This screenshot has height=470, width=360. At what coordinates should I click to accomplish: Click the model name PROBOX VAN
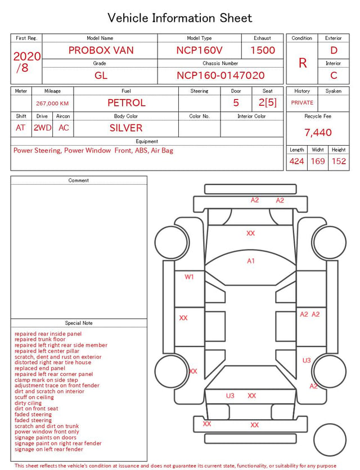click(101, 50)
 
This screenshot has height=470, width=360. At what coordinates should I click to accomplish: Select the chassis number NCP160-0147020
click(220, 75)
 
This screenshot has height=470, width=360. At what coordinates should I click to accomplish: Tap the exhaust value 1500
click(263, 50)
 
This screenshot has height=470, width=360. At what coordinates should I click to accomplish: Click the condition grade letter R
click(303, 63)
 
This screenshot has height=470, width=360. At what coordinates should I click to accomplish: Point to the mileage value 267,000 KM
click(52, 104)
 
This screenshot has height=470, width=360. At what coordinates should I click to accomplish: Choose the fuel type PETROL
click(127, 103)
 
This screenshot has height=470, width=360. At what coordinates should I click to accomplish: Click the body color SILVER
click(126, 128)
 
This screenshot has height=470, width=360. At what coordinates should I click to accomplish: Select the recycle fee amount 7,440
click(318, 132)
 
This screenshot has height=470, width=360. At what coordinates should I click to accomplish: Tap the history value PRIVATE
click(302, 102)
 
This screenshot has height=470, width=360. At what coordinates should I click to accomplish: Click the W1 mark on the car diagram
click(189, 277)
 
